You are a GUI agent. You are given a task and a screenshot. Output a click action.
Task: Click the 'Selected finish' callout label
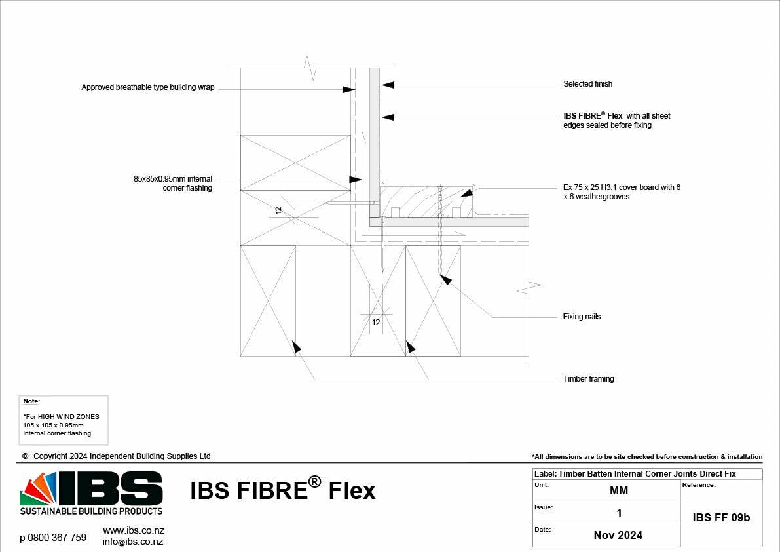(587, 84)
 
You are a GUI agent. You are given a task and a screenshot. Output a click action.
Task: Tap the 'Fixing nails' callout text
(582, 317)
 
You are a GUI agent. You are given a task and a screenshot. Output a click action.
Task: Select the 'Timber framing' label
(588, 379)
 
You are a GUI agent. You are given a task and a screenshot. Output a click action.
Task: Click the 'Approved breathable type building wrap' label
(148, 87)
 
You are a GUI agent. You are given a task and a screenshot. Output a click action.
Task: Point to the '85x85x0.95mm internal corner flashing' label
(173, 184)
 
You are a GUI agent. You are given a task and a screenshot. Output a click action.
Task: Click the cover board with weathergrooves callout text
(622, 192)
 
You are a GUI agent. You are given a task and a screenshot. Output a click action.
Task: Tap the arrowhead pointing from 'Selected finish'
(388, 84)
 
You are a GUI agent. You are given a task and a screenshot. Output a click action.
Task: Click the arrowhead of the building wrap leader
(349, 89)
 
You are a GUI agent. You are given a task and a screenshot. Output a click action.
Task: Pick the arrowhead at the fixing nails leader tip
(445, 279)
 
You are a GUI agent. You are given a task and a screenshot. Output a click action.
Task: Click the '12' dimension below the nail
(376, 322)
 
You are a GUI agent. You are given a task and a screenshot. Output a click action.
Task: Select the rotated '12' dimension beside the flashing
(278, 210)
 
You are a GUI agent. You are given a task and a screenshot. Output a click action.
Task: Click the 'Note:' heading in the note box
(31, 401)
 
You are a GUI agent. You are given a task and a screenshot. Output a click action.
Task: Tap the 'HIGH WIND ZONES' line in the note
(61, 416)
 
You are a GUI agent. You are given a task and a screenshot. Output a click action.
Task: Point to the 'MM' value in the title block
(618, 490)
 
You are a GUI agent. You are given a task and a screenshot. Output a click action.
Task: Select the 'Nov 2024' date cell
(618, 535)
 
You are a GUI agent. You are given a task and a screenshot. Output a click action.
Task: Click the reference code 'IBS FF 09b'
(721, 517)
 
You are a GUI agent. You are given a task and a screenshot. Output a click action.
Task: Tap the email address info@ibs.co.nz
(133, 542)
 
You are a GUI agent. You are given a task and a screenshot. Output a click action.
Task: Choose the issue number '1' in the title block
(619, 513)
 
